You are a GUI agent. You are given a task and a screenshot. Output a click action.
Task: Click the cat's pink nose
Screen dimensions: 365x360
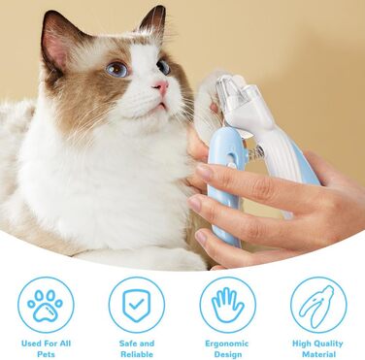point(161,86)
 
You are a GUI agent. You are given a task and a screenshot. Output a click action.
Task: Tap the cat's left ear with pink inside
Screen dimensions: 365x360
point(57,43)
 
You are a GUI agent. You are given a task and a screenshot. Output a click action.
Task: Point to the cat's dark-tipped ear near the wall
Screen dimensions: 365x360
point(152,22)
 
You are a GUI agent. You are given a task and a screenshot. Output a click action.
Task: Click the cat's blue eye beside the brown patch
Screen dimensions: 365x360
point(117,70)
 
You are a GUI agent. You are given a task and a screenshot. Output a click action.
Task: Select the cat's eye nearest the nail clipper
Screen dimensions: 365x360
point(163,67)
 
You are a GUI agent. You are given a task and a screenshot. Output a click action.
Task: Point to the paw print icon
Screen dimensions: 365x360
point(45,306)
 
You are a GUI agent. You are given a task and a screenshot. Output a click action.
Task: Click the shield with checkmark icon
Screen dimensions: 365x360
point(137,305)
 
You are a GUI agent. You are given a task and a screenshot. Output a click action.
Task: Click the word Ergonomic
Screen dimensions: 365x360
point(227,344)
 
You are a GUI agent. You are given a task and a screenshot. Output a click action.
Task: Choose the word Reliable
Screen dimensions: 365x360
point(137,354)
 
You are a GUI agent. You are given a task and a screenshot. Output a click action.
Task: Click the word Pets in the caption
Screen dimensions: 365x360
point(46,354)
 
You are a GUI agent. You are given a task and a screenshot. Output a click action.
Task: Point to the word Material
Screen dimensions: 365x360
point(318,354)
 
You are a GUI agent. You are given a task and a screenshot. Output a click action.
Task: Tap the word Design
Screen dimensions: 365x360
point(228,354)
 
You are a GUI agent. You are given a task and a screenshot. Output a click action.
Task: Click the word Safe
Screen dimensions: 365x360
point(128,344)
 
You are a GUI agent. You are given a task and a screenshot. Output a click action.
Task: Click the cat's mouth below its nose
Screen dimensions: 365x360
point(161,106)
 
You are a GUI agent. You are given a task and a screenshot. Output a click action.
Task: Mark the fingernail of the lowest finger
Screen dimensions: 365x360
point(201,239)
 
